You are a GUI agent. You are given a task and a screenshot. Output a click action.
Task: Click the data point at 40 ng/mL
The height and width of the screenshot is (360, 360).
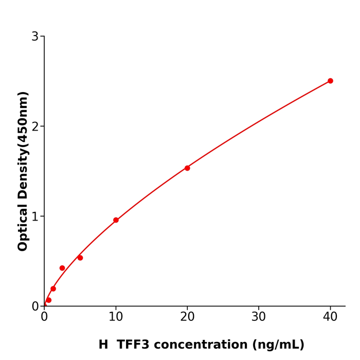point(330,81)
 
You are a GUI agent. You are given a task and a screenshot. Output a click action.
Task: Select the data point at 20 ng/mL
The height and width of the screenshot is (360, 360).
point(187,168)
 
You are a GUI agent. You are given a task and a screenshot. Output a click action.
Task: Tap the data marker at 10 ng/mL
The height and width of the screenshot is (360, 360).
point(116,220)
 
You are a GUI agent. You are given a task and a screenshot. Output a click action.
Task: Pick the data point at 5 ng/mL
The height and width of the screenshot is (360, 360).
point(80,258)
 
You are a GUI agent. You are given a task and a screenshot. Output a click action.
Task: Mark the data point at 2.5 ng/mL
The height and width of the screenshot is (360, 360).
point(62,268)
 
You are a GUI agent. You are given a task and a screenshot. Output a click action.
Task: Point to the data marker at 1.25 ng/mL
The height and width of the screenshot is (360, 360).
point(53,289)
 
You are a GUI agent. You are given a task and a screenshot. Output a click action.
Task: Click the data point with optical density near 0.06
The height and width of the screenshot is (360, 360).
point(49,300)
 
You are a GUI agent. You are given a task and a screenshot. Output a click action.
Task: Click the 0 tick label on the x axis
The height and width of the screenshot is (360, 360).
point(44,317)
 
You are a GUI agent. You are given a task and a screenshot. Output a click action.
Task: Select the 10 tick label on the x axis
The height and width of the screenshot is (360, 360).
point(116,317)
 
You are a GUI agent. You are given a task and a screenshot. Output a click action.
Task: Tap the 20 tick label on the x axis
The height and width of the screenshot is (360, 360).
point(187,317)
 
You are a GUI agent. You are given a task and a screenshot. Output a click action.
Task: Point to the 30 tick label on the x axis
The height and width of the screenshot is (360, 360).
point(259,317)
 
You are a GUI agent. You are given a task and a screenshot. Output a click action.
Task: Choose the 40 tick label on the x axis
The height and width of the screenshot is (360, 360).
point(330,317)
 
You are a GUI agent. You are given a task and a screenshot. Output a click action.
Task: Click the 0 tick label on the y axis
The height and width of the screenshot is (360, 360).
point(35,306)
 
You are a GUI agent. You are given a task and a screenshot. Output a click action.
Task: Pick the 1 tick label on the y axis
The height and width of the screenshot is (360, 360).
point(35,216)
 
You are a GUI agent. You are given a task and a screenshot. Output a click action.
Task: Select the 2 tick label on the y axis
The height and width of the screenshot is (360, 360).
point(35,126)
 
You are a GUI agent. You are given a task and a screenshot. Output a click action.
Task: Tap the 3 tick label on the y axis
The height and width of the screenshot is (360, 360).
point(35,37)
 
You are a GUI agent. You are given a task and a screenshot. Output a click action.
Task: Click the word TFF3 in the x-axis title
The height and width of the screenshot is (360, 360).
point(134,345)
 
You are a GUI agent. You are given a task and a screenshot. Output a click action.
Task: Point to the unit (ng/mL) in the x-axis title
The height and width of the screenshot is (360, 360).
point(281,345)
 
